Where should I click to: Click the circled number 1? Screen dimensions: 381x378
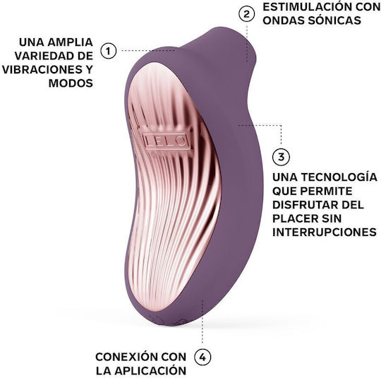109,51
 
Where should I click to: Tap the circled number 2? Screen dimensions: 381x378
246,14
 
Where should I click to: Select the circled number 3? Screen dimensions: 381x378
281,157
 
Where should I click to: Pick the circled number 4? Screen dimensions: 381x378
202,358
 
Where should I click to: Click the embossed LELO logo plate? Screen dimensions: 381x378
166,141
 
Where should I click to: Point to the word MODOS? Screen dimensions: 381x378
71,83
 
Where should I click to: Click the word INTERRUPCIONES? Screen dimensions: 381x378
325,232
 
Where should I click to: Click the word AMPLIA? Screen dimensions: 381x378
71,42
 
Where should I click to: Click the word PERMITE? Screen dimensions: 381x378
327,191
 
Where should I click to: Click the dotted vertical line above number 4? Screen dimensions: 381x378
202,321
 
